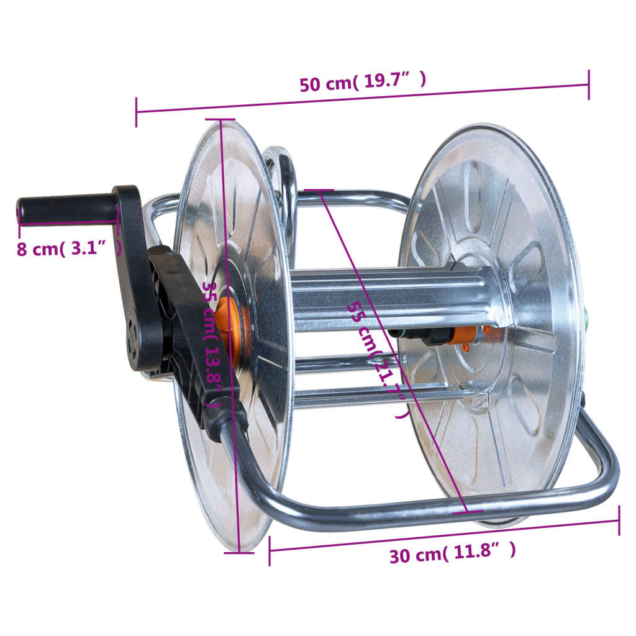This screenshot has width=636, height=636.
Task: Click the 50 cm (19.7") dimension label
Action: click(363, 83)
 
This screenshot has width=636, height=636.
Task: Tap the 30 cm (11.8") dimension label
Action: click(452, 553)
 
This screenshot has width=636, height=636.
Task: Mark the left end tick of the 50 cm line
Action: click(136, 112)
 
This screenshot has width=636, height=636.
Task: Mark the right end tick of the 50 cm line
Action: click(588, 84)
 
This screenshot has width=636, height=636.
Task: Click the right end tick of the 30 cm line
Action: click(619, 520)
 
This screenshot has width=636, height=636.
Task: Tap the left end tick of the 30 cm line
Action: click(270, 551)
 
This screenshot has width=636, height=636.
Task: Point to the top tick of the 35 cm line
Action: click(220, 119)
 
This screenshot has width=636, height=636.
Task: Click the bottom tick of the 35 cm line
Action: click(239, 552)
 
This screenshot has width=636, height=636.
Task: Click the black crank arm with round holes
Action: click(137, 279)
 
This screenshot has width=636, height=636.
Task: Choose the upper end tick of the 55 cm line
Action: click(319, 191)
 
